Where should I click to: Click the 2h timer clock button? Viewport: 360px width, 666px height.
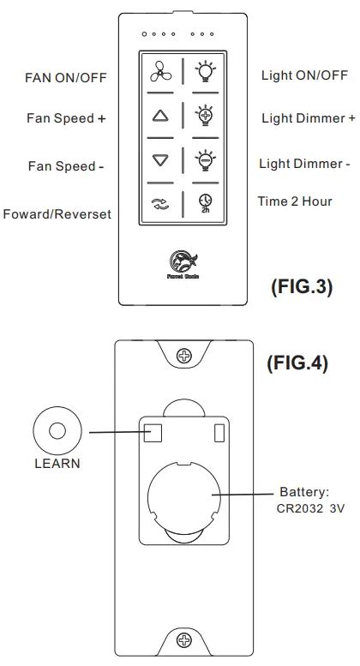coord(204,204)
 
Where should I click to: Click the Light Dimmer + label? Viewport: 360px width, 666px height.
coord(308,117)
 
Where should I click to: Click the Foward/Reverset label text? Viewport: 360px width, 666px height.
coord(57,213)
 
